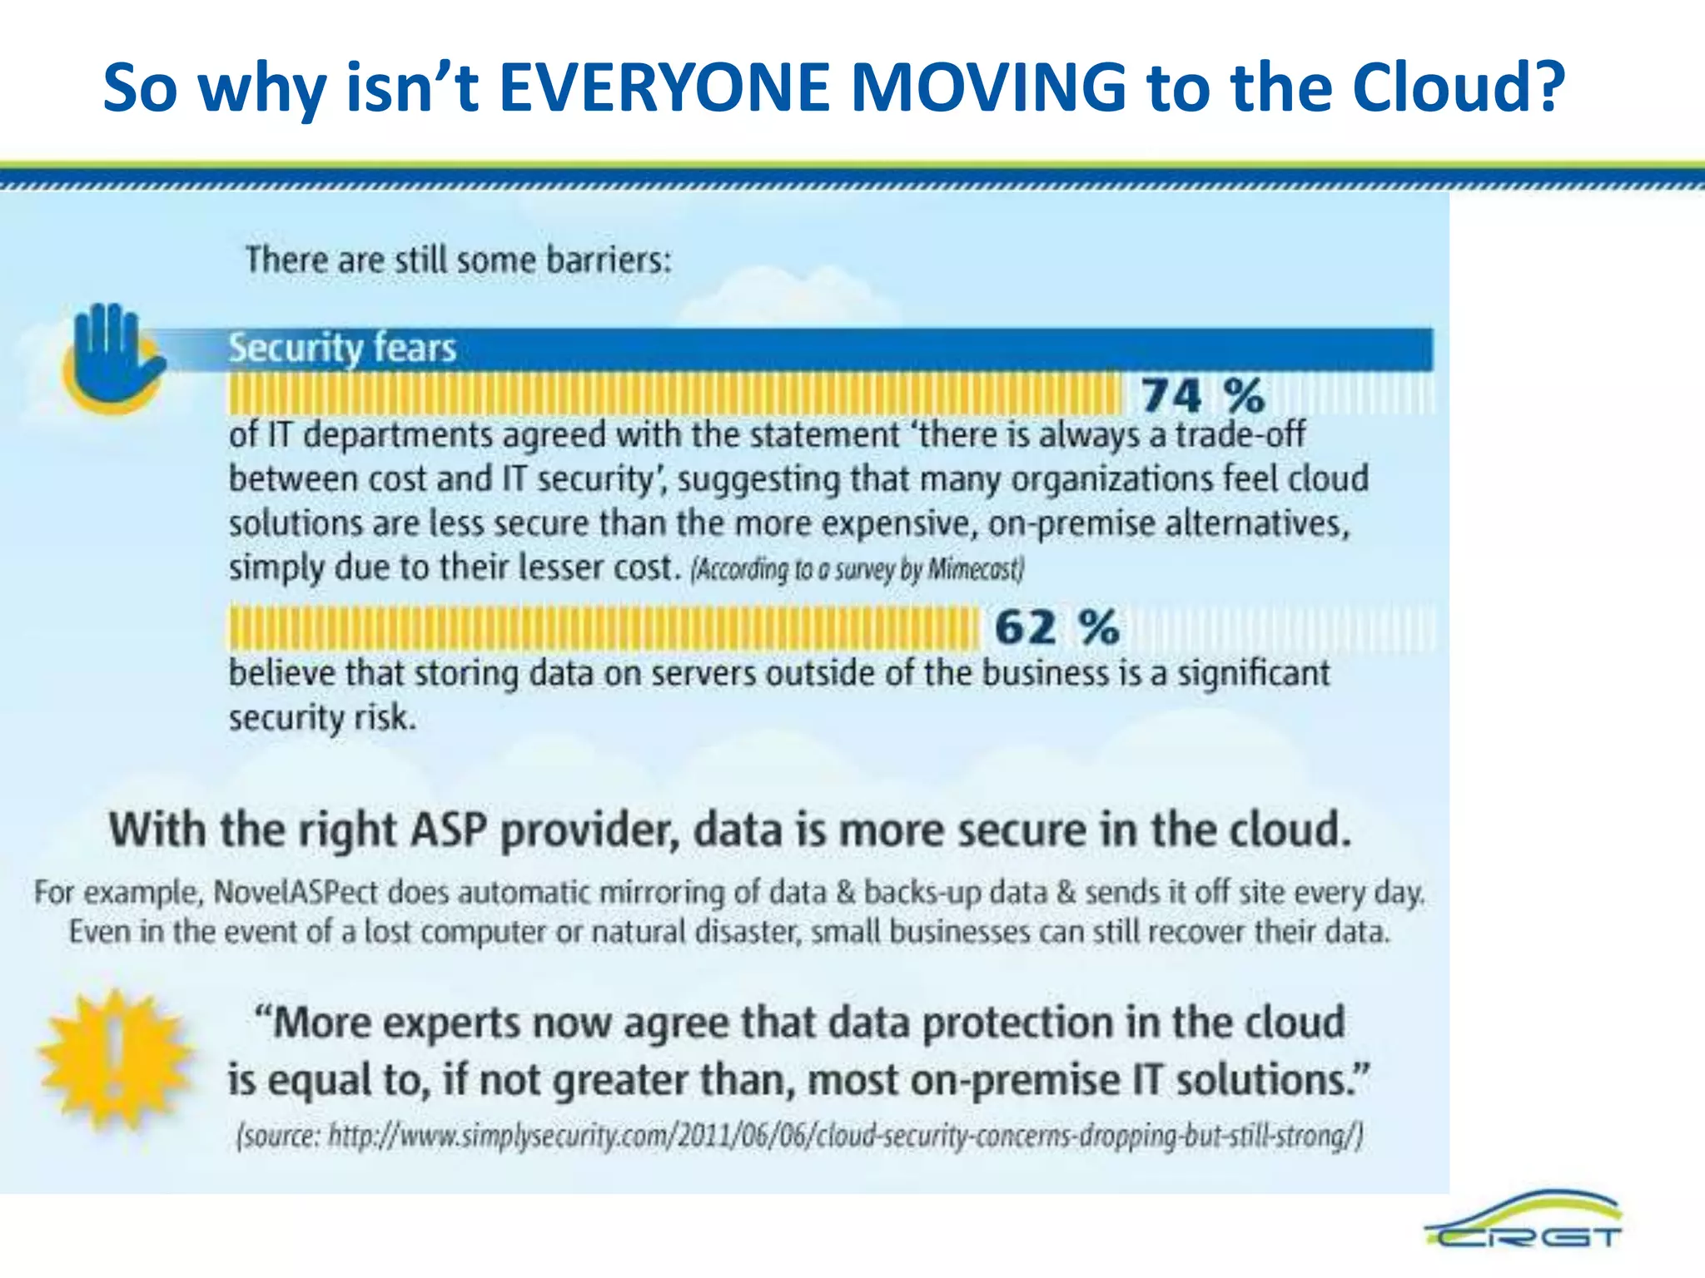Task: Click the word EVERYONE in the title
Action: click(x=664, y=87)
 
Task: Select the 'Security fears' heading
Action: click(x=342, y=348)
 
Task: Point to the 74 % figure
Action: click(x=1202, y=394)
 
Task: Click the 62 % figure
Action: click(x=1056, y=627)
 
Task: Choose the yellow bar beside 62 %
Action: click(x=604, y=627)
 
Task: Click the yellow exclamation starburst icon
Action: click(x=114, y=1058)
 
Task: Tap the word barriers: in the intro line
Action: click(x=609, y=260)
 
